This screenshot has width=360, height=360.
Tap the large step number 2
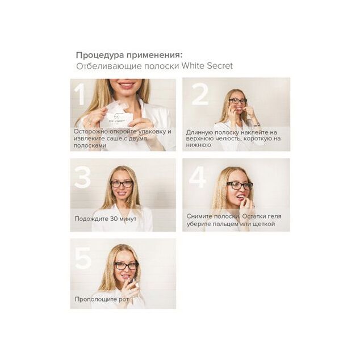coord(200,94)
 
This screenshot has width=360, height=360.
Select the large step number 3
coord(82,177)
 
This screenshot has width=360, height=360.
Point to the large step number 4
coord(198,177)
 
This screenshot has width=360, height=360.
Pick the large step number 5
coord(83,258)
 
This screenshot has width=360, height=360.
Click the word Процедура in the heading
coord(101,55)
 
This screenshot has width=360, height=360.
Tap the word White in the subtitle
coord(193,66)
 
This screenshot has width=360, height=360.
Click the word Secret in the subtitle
coord(220,66)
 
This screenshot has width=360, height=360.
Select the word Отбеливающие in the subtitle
coord(109,66)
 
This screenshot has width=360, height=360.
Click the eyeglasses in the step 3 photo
coord(122,183)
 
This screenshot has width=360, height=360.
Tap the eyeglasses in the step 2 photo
coord(237,101)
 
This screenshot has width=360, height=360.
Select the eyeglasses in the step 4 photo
coord(240,186)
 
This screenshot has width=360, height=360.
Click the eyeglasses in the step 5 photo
coord(127,266)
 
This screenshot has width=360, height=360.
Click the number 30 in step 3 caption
coord(114,219)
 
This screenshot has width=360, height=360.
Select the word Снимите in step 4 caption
coord(199,216)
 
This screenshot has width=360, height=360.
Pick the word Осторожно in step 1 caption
coord(91,132)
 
